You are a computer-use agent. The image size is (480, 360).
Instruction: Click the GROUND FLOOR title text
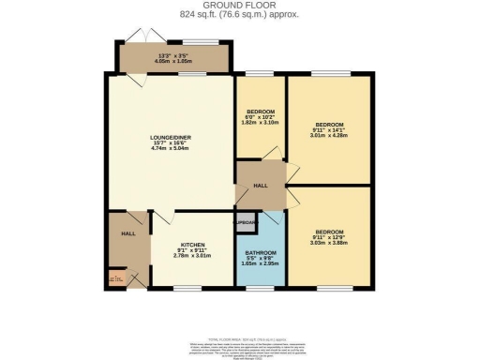(x=239, y=7)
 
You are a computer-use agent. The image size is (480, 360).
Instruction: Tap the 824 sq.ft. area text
(x=239, y=16)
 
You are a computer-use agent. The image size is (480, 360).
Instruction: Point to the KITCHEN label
(x=191, y=242)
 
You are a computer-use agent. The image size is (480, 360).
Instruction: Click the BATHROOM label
(x=262, y=253)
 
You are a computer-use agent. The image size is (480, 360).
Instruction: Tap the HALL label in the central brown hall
(x=261, y=185)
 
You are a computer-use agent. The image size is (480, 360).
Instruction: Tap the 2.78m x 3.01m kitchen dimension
(x=191, y=257)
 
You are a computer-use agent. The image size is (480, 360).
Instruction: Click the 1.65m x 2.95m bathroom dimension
(x=262, y=267)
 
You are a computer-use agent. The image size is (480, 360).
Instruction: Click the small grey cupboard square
(x=245, y=223)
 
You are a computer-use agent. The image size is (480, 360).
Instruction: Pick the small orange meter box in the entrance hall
(x=116, y=277)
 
